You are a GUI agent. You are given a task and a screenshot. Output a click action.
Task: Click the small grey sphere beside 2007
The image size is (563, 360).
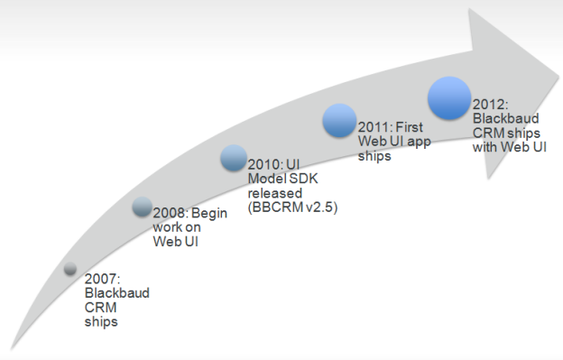click(70, 268)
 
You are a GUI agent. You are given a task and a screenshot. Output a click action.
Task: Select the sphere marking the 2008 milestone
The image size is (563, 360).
click(143, 207)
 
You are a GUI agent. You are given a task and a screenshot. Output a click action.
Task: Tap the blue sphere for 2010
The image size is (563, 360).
click(234, 159)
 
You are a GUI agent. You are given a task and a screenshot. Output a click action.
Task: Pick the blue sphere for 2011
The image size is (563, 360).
click(340, 121)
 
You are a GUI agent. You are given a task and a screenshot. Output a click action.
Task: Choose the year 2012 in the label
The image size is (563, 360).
click(489, 104)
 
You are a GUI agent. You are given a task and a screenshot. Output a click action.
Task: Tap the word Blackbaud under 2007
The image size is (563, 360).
click(116, 293)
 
